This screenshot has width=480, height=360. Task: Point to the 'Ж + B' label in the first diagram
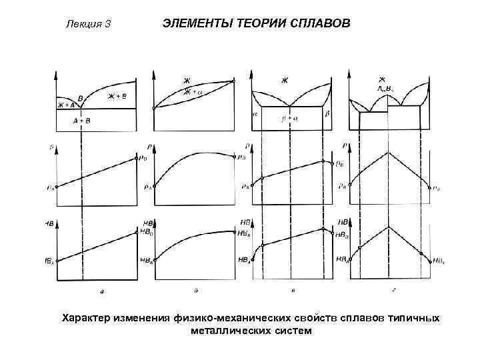(117, 97)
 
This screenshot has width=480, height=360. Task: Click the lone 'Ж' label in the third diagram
(285, 81)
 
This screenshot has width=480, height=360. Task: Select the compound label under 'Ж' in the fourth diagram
(386, 88)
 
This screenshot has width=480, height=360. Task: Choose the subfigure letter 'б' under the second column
(195, 290)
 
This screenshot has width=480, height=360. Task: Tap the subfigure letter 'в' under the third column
(293, 290)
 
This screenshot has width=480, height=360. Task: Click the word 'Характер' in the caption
(87, 317)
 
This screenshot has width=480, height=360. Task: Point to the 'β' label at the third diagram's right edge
(327, 114)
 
